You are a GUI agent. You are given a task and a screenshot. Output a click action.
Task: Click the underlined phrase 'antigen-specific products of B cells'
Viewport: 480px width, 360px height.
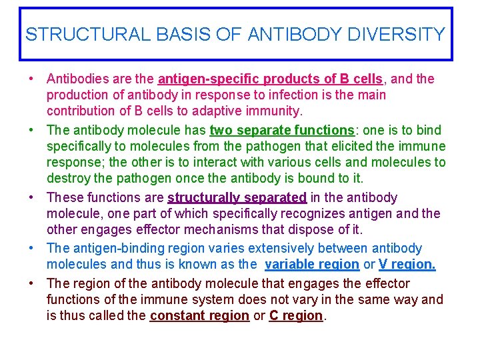point(270,79)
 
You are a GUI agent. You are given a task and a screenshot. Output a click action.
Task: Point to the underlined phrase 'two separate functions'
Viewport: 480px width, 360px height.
point(281,130)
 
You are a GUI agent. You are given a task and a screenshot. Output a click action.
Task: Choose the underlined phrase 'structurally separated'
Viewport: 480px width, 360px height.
point(237,198)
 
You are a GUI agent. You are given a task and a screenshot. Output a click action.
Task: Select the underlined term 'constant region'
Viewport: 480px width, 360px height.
point(199,316)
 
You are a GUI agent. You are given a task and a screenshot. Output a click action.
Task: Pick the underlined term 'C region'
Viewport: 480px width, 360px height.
point(295,316)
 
